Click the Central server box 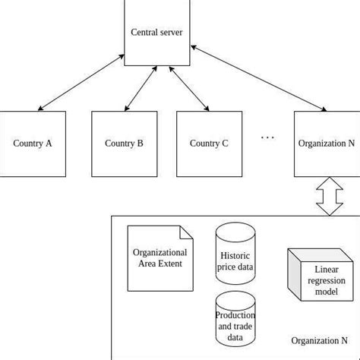pyautogui.click(x=156, y=33)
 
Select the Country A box pyautogui.click(x=33, y=144)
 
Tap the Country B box pyautogui.click(x=124, y=144)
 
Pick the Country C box pyautogui.click(x=209, y=144)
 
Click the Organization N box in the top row pyautogui.click(x=327, y=144)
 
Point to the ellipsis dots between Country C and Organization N pyautogui.click(x=267, y=137)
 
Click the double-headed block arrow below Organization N pyautogui.click(x=329, y=196)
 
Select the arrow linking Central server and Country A pyautogui.click(x=81, y=83)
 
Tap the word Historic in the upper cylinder pyautogui.click(x=235, y=256)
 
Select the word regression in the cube pyautogui.click(x=327, y=280)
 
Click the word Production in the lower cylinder pyautogui.click(x=235, y=315)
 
